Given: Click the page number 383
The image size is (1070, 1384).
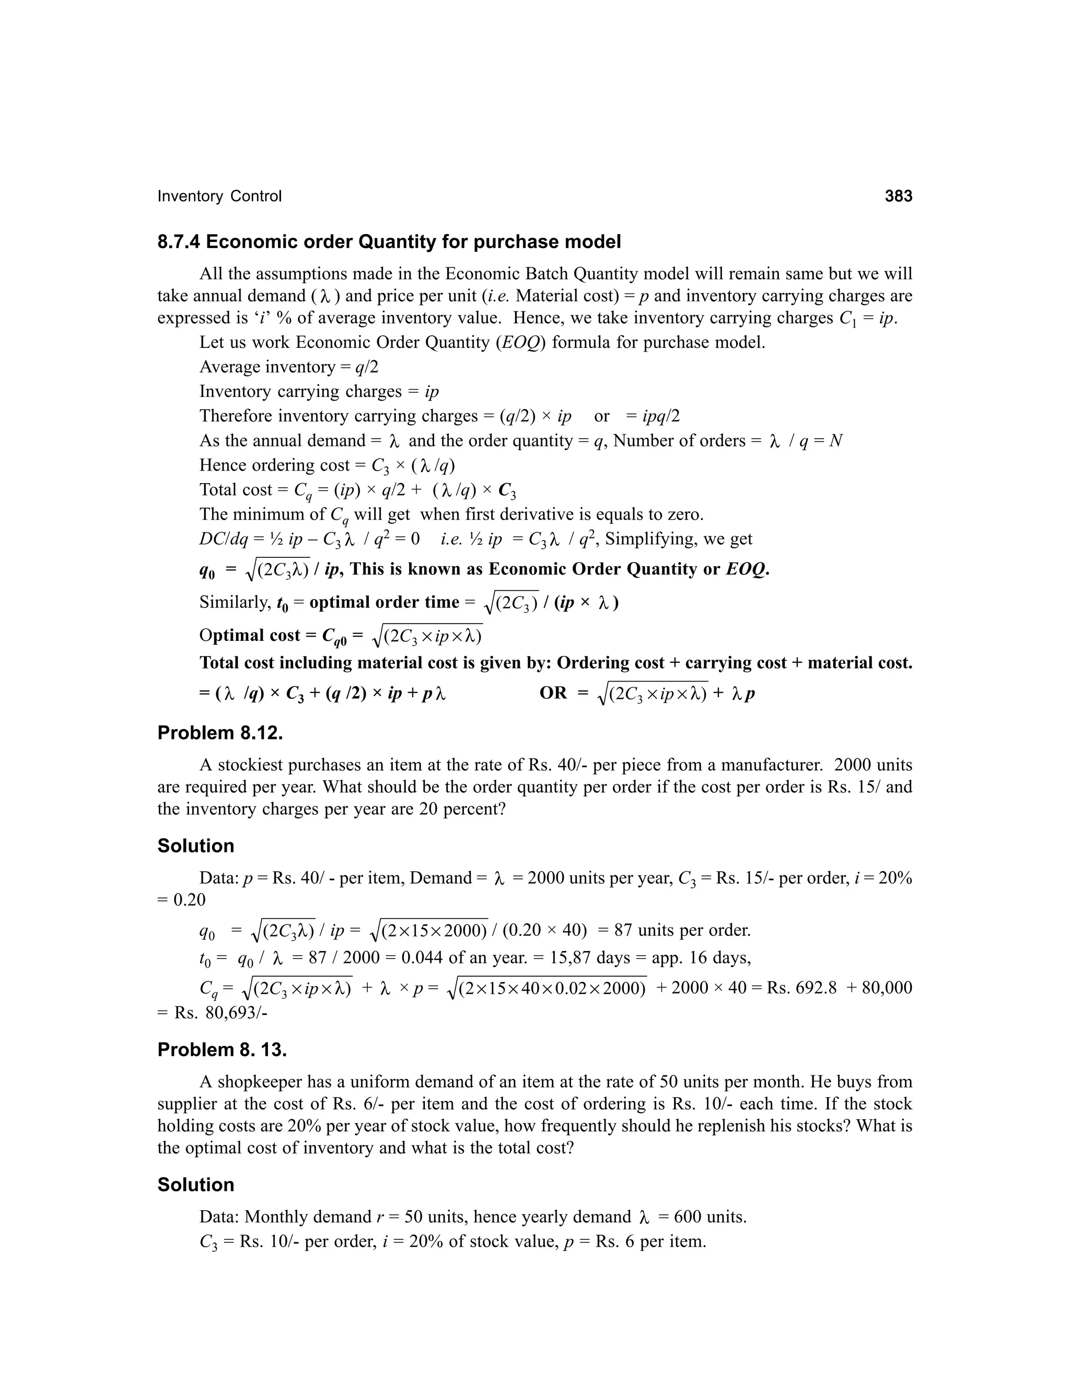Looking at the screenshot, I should point(898,196).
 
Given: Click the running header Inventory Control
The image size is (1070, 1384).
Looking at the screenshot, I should point(219,196).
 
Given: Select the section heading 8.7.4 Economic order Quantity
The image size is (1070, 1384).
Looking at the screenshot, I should point(389,242).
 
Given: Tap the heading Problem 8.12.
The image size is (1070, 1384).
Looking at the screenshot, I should point(220,733).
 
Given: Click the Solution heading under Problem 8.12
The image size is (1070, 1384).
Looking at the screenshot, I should point(196,846).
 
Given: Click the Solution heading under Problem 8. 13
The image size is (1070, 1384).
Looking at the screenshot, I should point(196,1185).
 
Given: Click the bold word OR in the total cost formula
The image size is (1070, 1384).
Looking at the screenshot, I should point(553,693).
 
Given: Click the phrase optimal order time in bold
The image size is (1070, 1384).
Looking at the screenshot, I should point(383,602).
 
